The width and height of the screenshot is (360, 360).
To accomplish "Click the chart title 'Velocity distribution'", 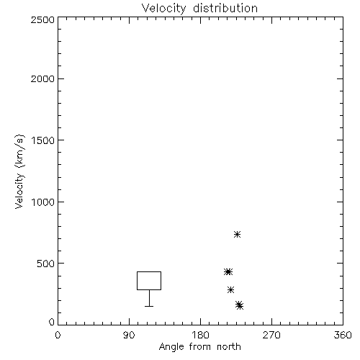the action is [199, 9].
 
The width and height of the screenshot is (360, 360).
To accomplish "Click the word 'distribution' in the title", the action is [225, 8].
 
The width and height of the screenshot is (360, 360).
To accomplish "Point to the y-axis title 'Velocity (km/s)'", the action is [19, 171].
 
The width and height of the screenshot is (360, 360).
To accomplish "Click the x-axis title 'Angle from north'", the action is [200, 347].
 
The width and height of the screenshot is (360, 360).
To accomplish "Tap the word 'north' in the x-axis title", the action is [229, 347].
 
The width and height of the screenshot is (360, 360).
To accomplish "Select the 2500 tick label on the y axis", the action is [42, 19].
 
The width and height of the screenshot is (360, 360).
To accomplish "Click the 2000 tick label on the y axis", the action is [42, 78].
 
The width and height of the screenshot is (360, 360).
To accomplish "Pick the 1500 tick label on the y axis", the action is [43, 140].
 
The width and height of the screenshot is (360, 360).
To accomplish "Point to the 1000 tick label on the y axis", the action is [43, 202].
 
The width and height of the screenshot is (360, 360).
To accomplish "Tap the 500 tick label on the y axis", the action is [46, 264].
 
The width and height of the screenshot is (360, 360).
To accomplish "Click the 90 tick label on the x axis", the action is [129, 335].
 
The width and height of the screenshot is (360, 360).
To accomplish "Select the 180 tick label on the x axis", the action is [200, 335].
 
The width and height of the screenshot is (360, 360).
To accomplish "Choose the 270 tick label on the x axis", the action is [271, 335].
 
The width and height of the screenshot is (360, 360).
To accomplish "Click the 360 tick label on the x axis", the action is [343, 335].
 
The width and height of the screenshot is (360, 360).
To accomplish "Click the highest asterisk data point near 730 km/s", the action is [237, 234].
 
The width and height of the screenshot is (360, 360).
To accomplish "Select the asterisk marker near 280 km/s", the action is [230, 289].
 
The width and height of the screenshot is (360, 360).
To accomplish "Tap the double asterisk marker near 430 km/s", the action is [228, 271].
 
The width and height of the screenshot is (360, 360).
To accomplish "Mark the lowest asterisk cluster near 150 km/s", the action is [239, 305].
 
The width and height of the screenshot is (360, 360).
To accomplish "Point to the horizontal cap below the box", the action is [149, 306].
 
